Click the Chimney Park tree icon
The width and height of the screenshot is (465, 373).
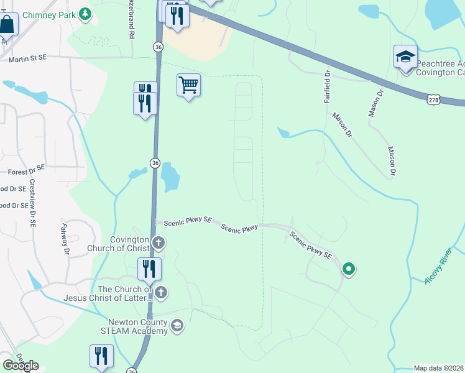(85, 14)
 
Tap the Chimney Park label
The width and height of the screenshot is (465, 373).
(48, 14)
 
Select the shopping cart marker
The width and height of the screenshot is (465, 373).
(188, 85)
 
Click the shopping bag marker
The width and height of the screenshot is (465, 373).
(7, 25)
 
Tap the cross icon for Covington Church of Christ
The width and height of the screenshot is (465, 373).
(159, 242)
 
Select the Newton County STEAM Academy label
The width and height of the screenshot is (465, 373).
(138, 326)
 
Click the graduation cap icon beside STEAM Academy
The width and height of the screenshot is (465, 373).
(177, 326)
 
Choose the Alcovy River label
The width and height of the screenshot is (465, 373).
(438, 267)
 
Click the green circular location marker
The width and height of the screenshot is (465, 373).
(349, 269)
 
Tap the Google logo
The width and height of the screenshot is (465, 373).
(21, 366)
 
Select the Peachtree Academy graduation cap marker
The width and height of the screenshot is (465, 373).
(405, 58)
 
